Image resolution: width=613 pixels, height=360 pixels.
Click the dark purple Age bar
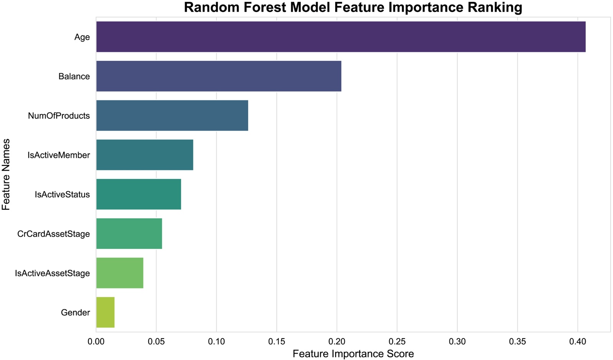341,37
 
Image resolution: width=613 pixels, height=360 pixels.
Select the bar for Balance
219,76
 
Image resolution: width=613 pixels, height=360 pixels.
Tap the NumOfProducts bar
172,115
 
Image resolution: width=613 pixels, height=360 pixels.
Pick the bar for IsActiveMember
145,155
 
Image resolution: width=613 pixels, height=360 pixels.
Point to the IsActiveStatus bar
138,194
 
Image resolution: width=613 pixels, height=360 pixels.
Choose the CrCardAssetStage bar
129,234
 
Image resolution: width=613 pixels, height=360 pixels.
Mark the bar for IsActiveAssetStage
120,273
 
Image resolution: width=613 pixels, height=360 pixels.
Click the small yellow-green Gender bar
105,313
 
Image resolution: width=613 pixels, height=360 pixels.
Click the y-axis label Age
82,37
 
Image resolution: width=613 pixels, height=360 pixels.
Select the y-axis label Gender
75,313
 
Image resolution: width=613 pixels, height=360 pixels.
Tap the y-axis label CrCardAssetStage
53,234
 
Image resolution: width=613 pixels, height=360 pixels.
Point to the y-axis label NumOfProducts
59,116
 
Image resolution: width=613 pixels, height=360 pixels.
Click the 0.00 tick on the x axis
96,342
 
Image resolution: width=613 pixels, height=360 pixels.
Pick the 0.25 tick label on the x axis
397,342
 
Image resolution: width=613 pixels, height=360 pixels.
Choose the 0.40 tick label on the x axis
578,342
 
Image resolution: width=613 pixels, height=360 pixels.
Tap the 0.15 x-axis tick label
277,342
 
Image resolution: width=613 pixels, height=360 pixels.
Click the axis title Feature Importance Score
353,354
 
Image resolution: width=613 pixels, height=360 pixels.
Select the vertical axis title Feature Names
6,175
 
